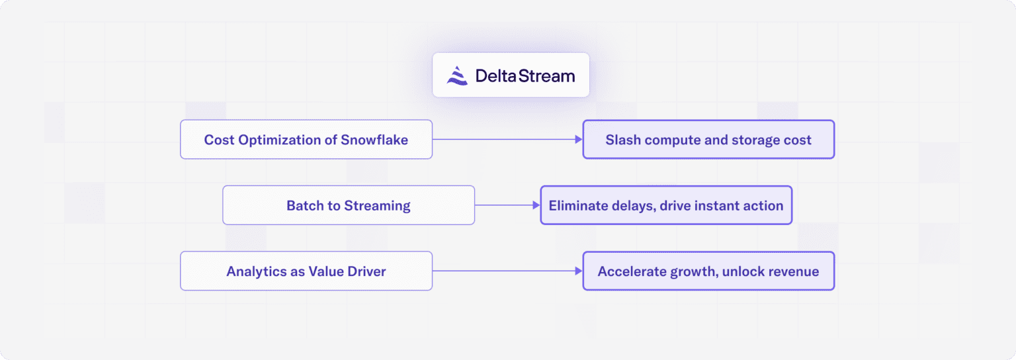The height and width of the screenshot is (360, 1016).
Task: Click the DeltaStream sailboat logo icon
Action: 457,75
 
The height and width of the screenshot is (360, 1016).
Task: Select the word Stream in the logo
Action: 546,75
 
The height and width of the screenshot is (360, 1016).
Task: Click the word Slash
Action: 622,140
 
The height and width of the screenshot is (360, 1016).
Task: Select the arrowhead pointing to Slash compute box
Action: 578,140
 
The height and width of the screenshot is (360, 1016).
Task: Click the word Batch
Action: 304,205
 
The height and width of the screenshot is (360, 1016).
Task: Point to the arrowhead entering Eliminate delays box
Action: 536,205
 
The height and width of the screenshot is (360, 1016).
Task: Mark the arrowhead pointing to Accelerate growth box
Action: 578,271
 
